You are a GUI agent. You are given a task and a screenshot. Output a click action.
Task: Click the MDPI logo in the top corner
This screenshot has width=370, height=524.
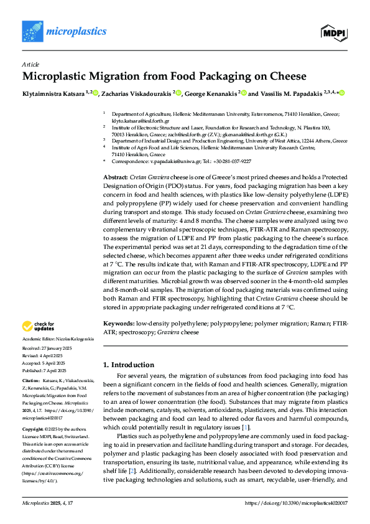(x=333, y=31)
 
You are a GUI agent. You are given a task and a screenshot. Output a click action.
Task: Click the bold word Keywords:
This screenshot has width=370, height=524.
(x=119, y=324)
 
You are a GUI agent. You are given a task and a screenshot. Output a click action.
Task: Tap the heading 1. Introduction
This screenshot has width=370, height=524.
(x=128, y=365)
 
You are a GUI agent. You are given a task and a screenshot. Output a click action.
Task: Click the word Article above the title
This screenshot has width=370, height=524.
(x=30, y=64)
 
